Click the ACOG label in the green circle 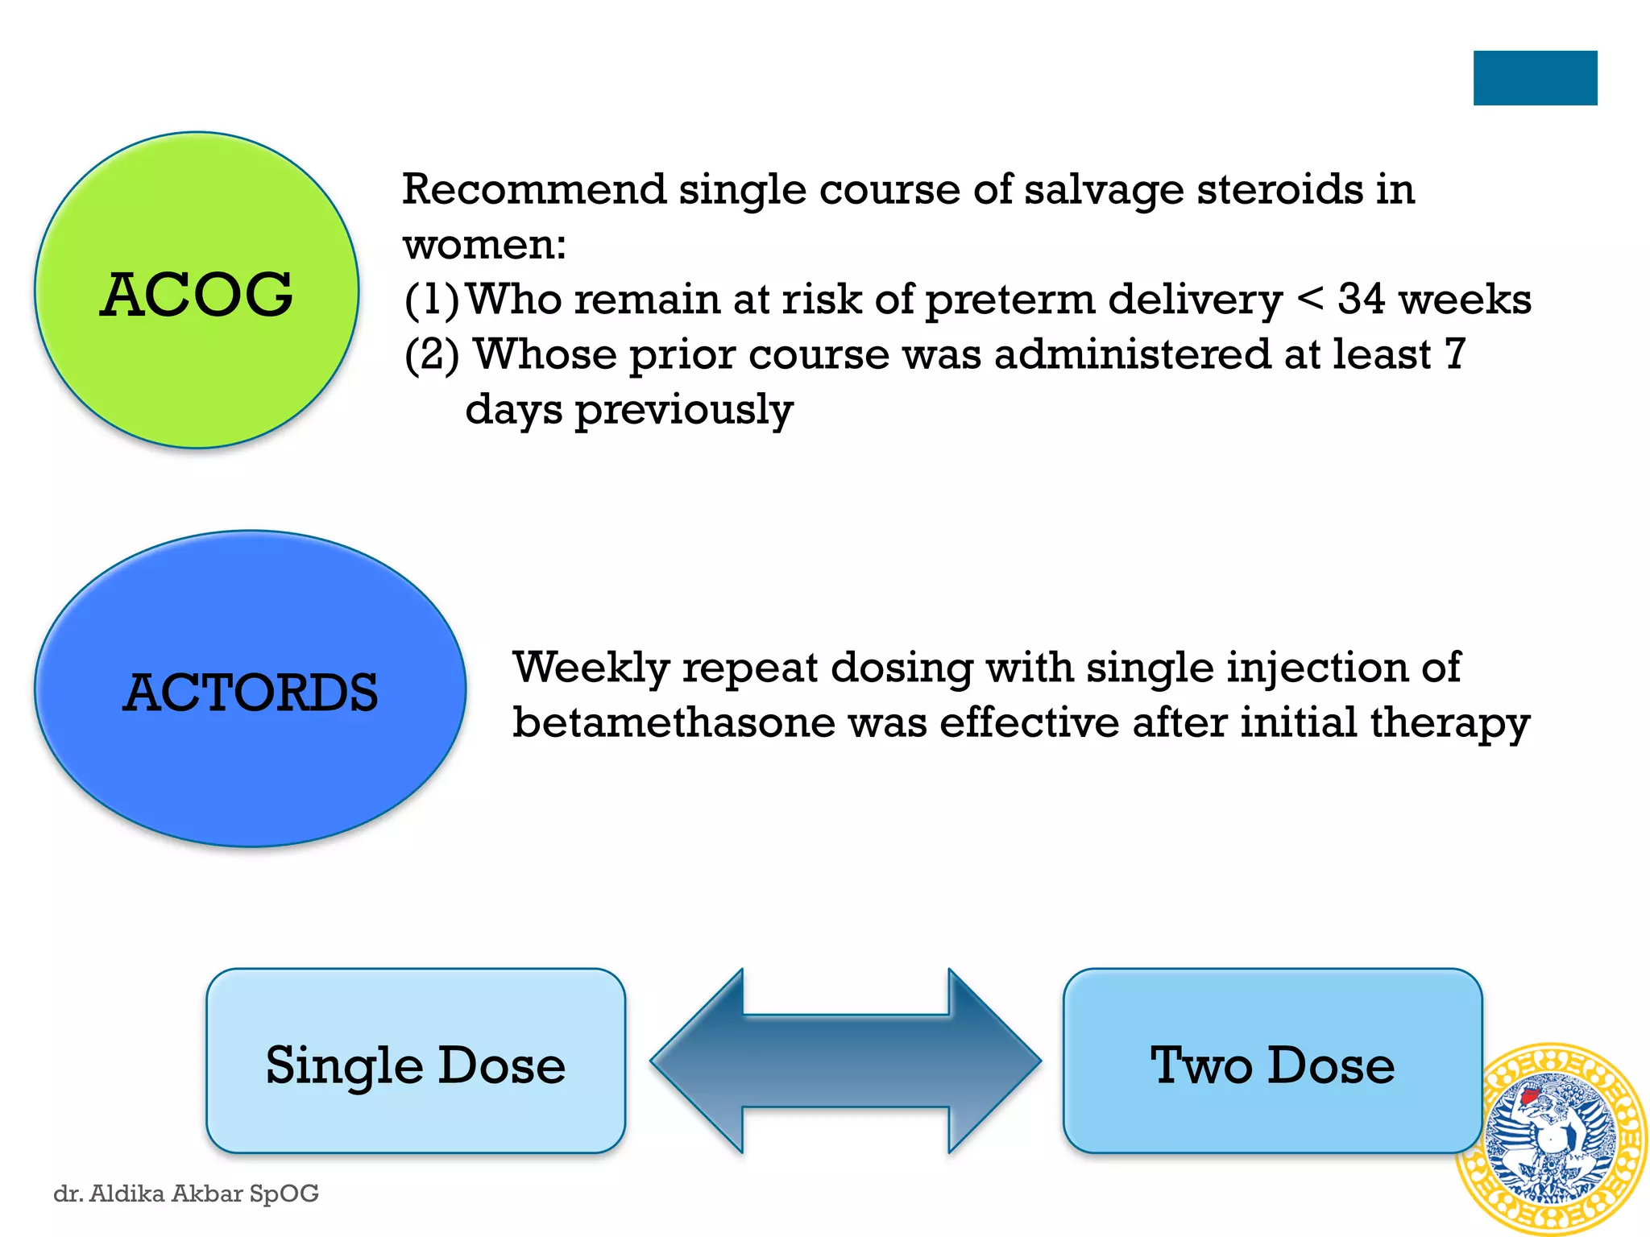point(196,295)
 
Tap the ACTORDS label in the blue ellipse point(251,693)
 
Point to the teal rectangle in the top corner point(1535,78)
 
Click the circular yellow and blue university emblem point(1551,1139)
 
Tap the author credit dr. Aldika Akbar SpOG point(186,1193)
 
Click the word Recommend point(533,189)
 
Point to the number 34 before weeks point(1362,299)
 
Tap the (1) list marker point(431,300)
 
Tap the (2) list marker point(432,354)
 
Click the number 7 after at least point(1454,354)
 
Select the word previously point(684,410)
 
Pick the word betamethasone point(674,722)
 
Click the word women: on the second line point(484,245)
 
